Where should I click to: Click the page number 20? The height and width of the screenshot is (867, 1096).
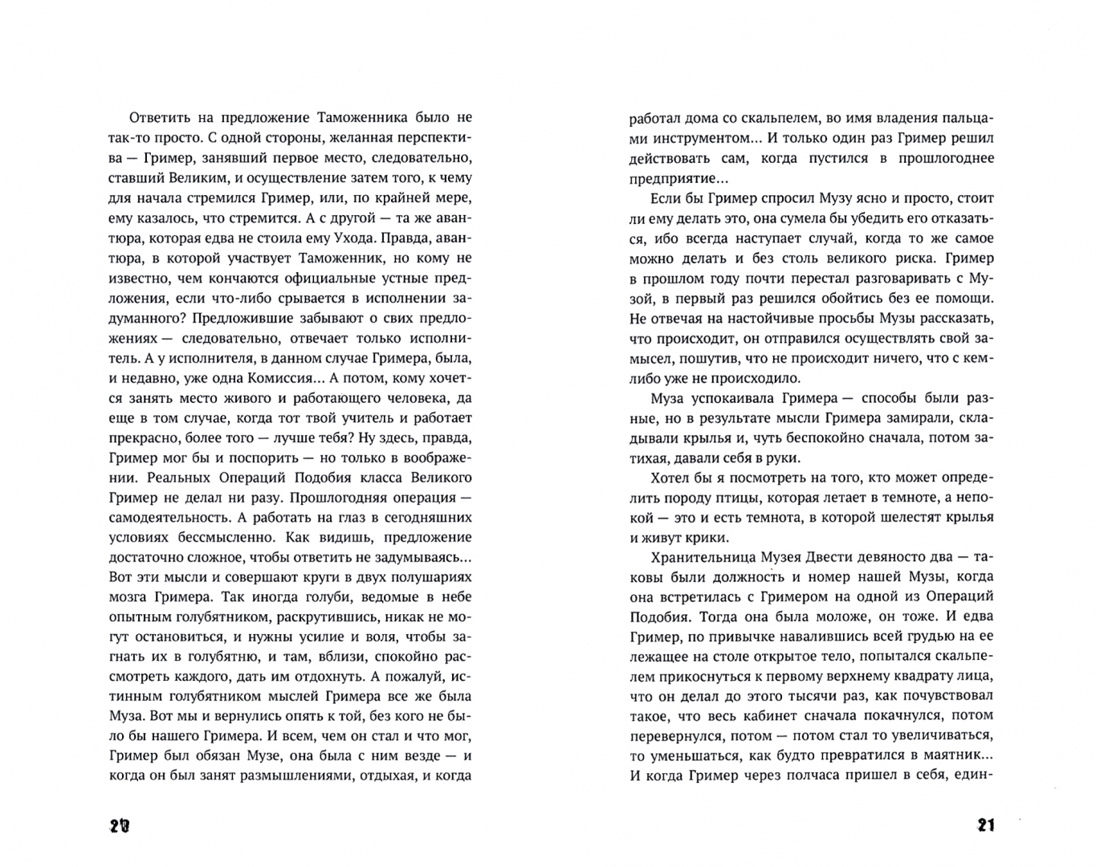(x=118, y=824)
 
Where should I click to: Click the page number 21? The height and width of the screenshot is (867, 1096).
(x=984, y=824)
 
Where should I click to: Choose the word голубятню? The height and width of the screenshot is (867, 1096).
(x=188, y=657)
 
